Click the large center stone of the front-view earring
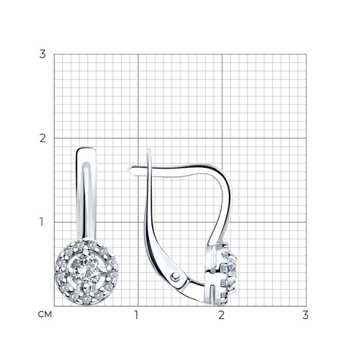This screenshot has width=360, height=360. tap(86, 272)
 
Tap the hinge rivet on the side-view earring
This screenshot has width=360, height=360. tap(176, 276)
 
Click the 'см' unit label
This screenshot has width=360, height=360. tap(45, 315)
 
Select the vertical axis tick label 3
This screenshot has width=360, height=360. tap(42, 54)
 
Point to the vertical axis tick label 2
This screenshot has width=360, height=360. tap(42, 138)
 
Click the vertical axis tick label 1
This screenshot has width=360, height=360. tap(42, 222)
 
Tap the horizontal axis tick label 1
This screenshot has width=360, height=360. tap(137, 315)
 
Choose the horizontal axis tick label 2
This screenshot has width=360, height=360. tap(221, 315)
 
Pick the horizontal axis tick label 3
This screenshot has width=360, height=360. tap(305, 315)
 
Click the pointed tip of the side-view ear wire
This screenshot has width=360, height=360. tap(128, 168)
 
